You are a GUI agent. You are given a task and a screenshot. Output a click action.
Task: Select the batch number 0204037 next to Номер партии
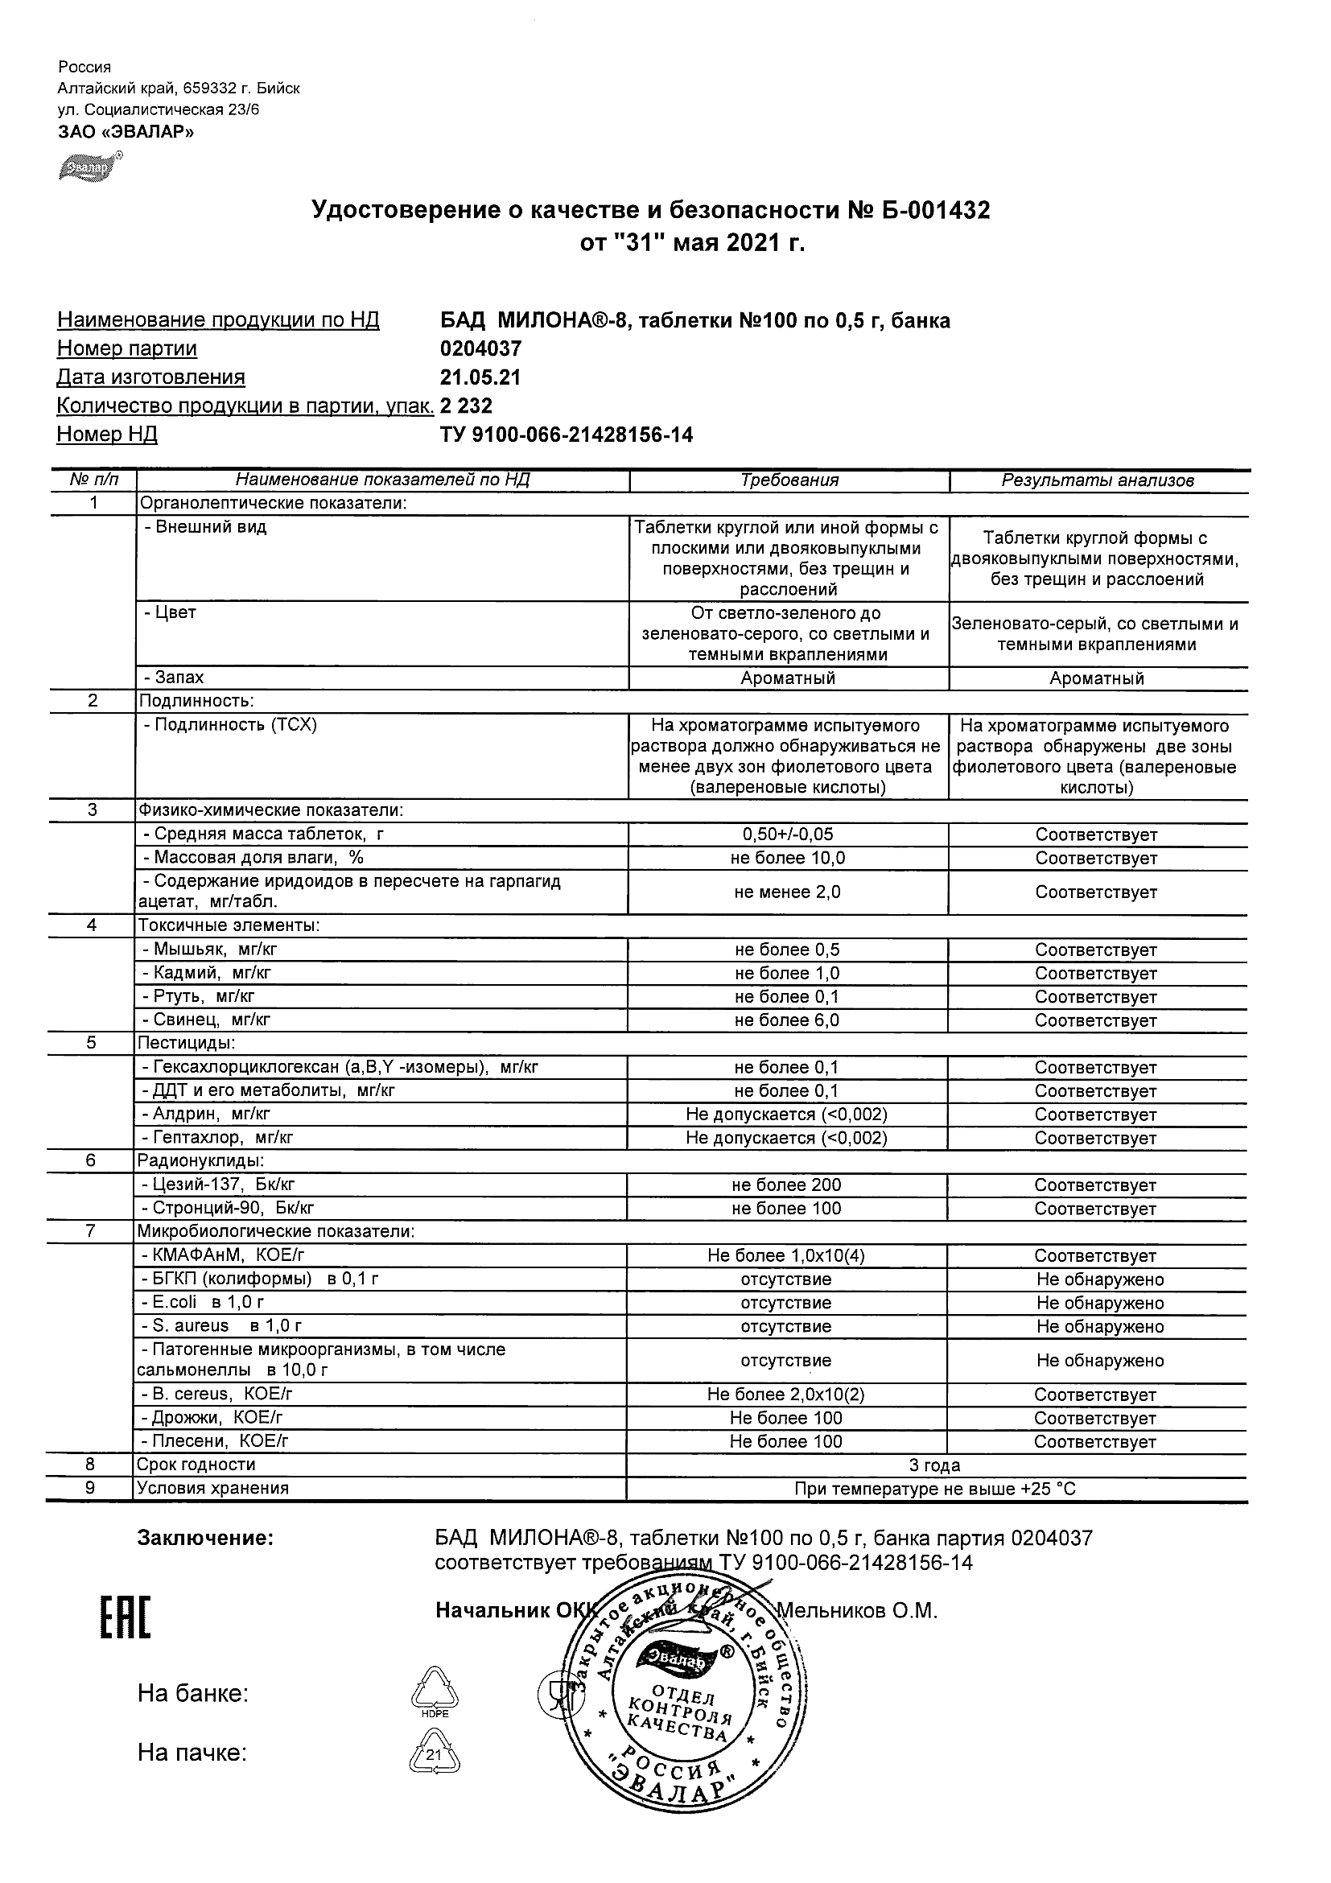coord(480,348)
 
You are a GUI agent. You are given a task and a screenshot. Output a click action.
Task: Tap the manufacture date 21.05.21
coord(480,377)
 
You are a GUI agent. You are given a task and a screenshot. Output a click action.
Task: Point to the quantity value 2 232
coord(466,406)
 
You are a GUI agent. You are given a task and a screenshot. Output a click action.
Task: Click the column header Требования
coord(789,480)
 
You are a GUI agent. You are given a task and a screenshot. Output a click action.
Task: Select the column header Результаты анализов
coord(1098,480)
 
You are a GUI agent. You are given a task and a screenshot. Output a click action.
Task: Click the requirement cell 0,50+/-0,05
coord(787,835)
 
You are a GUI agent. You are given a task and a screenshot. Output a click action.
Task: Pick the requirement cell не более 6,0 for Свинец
coord(787,1020)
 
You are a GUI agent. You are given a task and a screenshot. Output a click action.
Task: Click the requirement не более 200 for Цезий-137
coord(787,1185)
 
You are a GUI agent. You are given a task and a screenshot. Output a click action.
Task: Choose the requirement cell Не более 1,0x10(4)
coord(786,1255)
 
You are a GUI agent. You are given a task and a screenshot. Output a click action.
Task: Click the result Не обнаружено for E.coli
coord(1100,1303)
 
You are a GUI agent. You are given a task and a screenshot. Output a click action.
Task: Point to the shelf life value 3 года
coord(935,1465)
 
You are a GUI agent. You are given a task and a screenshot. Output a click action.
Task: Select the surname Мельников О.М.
coord(857,1611)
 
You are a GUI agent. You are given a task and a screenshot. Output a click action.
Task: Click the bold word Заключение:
coord(205,1539)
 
